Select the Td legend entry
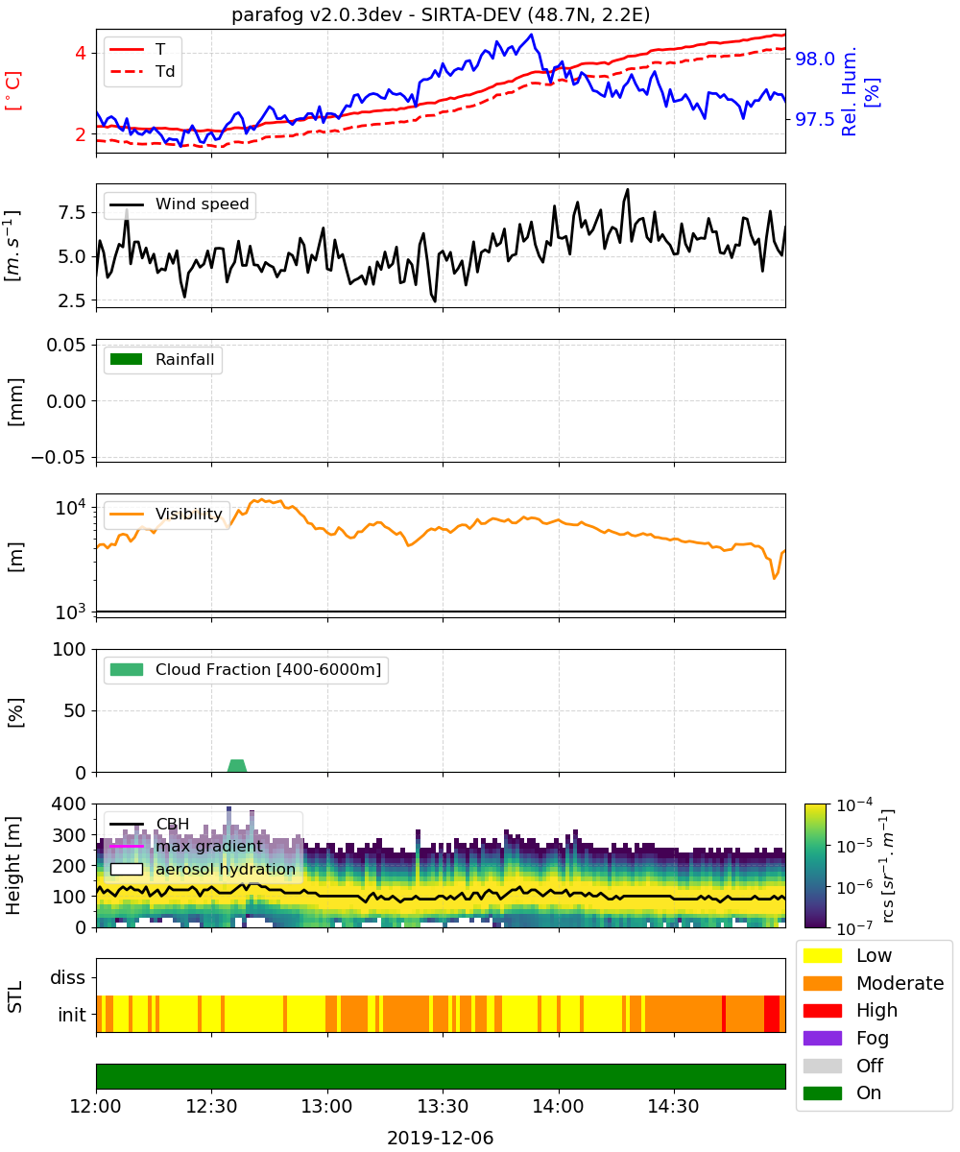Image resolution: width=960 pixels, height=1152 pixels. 142,71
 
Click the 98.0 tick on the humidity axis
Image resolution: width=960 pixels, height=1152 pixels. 815,59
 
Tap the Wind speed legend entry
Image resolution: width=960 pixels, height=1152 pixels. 180,204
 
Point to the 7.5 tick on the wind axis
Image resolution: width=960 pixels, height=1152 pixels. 72,212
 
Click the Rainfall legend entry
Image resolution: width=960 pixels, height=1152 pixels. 162,360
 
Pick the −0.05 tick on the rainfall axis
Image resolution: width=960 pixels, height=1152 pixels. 59,457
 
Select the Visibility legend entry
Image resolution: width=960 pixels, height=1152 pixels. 166,515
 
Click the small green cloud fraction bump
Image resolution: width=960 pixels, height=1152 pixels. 237,766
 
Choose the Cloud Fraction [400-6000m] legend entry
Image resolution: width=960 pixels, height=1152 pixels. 246,670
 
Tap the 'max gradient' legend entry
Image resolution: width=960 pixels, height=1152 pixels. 186,847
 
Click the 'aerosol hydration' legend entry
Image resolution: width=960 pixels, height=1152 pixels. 203,869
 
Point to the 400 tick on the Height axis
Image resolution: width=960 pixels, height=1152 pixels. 68,804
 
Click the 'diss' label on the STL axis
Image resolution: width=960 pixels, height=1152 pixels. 67,977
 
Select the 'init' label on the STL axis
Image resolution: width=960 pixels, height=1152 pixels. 72,1015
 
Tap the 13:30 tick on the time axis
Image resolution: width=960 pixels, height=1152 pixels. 443,1106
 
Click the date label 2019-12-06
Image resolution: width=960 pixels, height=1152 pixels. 441,1138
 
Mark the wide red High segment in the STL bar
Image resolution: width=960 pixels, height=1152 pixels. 771,1014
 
